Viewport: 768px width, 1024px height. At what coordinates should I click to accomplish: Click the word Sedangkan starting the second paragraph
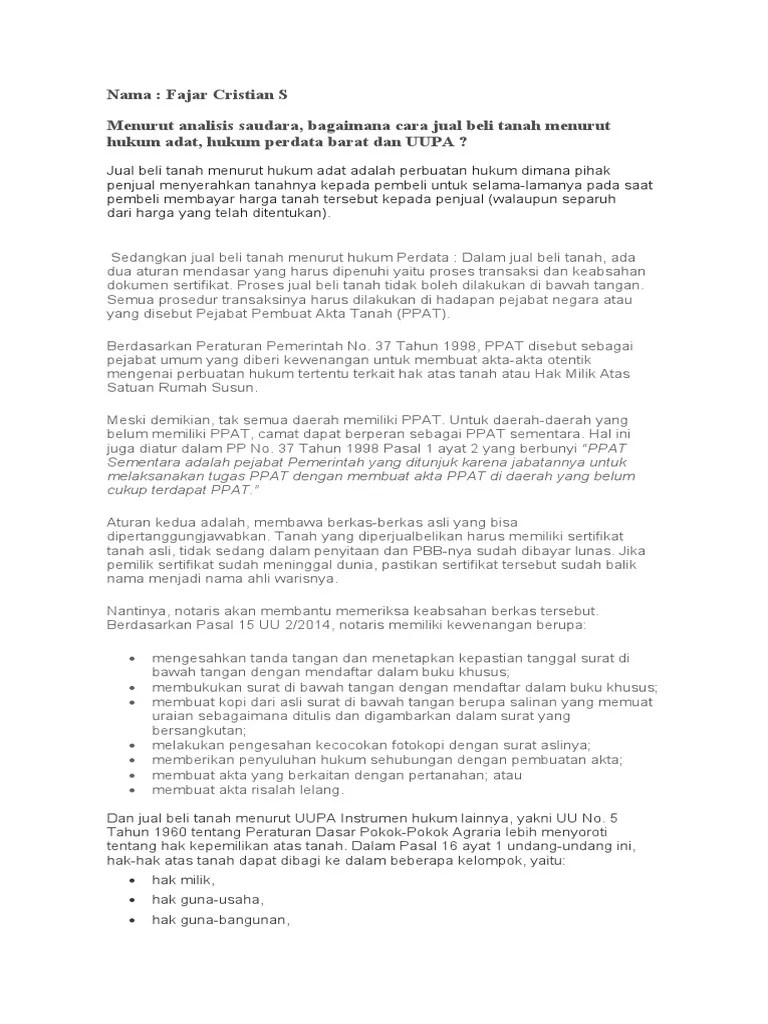(x=148, y=257)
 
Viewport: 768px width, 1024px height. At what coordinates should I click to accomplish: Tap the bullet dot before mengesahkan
(x=135, y=660)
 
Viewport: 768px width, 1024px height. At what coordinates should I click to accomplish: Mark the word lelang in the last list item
(x=322, y=789)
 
